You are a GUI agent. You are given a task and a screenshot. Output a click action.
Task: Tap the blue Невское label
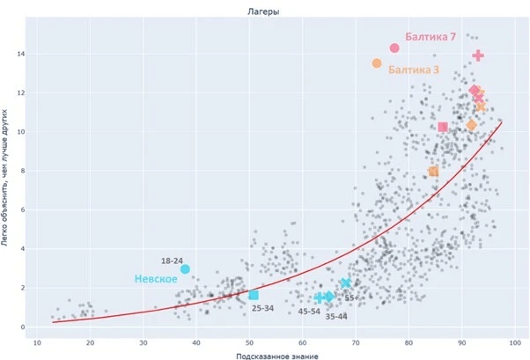(156, 279)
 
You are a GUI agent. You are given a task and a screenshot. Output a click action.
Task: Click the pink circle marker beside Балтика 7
(394, 48)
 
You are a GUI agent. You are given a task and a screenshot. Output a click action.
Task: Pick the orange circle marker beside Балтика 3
(377, 63)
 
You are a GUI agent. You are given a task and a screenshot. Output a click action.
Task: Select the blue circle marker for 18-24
(185, 269)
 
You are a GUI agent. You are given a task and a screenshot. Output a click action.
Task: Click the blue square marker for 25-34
(254, 295)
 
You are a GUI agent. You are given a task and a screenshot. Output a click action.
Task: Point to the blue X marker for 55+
(346, 283)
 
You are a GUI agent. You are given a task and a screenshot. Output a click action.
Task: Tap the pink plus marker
(478, 55)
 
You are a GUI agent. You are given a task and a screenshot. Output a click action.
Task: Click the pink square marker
(443, 127)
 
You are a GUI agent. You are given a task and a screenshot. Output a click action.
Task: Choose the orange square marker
(433, 172)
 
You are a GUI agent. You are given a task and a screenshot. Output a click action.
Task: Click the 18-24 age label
(172, 261)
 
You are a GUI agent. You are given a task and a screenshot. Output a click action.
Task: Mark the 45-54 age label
(309, 311)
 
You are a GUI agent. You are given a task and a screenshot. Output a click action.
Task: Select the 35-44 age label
(336, 317)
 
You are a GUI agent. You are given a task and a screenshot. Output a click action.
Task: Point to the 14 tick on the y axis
(22, 54)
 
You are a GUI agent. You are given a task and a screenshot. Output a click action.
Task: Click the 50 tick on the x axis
(249, 343)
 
